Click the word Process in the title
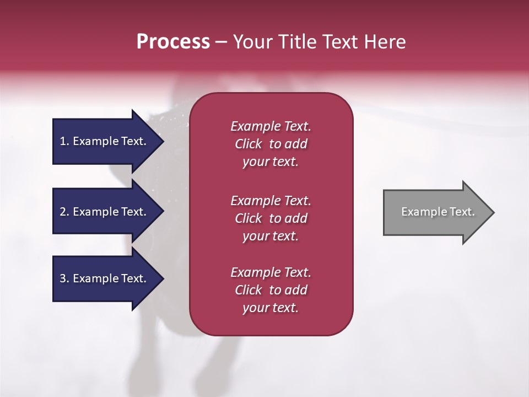(x=173, y=42)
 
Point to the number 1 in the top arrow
(x=63, y=141)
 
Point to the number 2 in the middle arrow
(x=63, y=212)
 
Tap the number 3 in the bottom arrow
(x=63, y=278)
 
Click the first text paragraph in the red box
(x=271, y=144)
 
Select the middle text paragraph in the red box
(x=271, y=218)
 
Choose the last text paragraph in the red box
(x=271, y=290)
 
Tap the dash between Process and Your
(x=221, y=42)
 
